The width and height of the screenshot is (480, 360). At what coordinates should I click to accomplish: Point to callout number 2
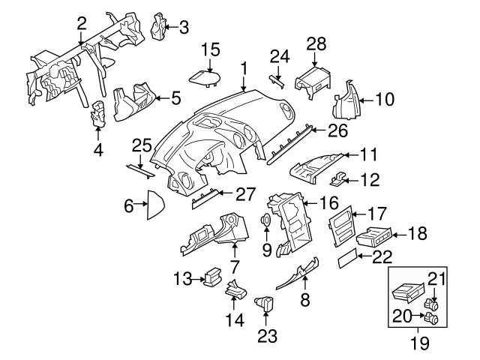point(81,23)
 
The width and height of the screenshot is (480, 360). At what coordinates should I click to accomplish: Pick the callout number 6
point(129,203)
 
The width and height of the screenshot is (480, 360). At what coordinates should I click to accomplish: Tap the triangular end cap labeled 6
point(156,203)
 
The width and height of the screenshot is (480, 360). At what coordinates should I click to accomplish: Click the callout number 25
point(142,145)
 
